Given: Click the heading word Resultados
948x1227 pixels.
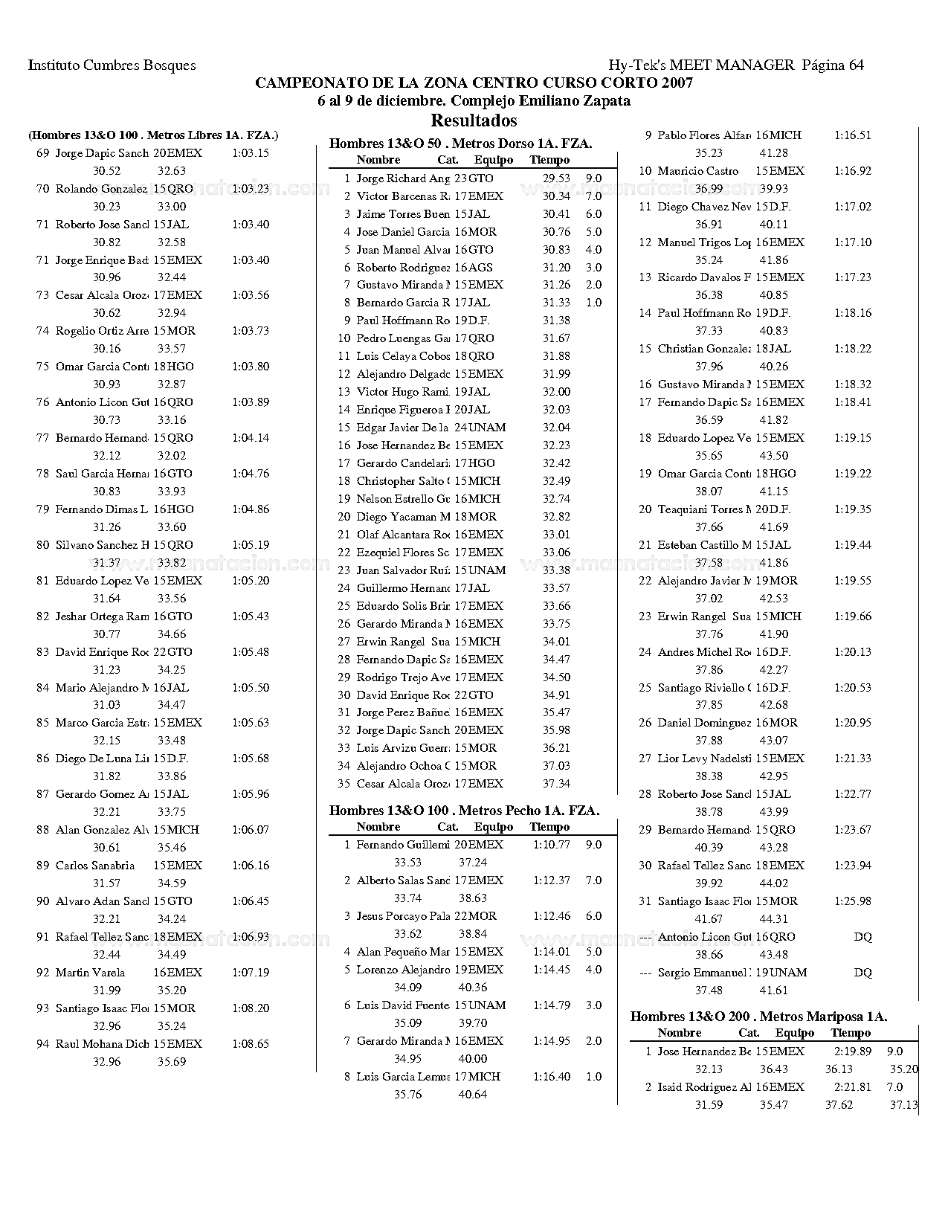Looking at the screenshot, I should (474, 120).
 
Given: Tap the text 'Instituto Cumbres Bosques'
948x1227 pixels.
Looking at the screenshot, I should (112, 65).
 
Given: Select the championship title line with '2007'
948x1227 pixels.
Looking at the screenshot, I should (474, 83).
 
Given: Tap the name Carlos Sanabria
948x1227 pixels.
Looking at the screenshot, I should (95, 866).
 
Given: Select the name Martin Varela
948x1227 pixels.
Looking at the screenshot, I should (90, 973).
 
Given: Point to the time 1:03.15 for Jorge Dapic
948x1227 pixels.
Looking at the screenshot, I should (251, 153).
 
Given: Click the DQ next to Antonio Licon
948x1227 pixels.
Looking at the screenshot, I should (862, 937).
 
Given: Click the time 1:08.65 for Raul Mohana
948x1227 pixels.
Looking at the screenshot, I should (251, 1044).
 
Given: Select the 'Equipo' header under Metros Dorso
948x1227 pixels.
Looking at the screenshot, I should (494, 160).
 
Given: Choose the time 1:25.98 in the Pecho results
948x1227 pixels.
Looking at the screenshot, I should (853, 901).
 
